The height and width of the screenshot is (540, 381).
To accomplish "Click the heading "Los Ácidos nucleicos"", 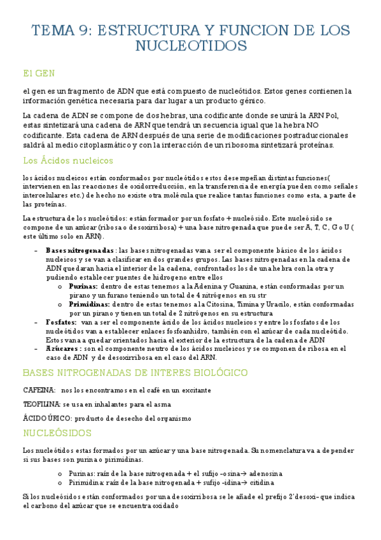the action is [x=67, y=160].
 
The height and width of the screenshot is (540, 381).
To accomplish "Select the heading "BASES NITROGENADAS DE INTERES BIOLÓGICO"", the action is [x=135, y=373].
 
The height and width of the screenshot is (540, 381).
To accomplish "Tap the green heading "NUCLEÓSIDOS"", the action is [x=57, y=433].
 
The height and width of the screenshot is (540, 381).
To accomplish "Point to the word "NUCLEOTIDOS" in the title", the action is [x=191, y=46].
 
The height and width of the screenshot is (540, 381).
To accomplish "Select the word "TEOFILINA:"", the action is [x=41, y=404].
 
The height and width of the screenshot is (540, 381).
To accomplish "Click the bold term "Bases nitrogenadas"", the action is [x=80, y=250].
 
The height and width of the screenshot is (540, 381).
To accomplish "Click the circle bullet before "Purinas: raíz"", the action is [x=59, y=474].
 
